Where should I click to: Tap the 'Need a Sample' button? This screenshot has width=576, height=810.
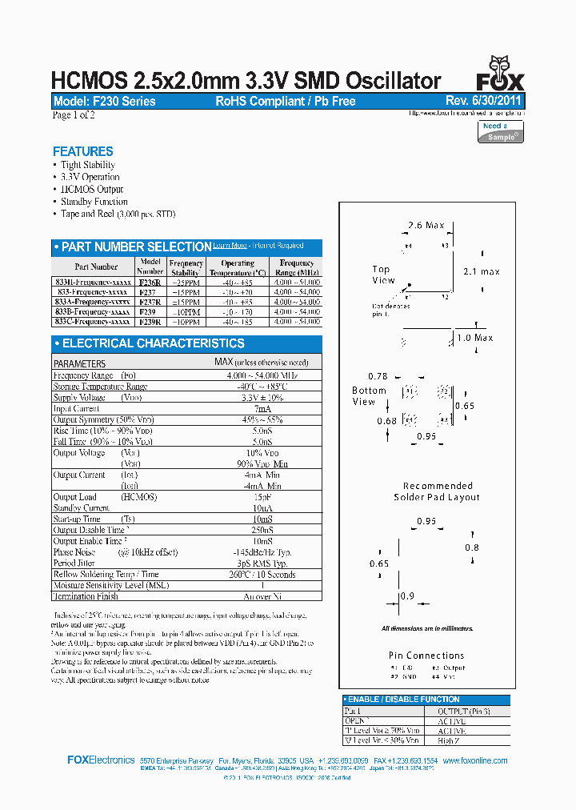(x=502, y=131)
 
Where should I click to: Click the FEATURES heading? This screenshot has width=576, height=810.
(x=82, y=151)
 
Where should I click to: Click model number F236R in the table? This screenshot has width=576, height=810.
(x=150, y=283)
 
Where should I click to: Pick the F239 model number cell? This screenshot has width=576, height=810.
(x=147, y=311)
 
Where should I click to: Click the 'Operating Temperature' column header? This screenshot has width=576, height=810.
(x=238, y=267)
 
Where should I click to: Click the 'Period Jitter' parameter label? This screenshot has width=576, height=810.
(x=75, y=563)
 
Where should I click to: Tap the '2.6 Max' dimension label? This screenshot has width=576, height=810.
(x=426, y=226)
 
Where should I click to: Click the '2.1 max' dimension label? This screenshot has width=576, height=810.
(x=482, y=272)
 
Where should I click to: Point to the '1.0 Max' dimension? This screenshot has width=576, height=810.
(x=474, y=338)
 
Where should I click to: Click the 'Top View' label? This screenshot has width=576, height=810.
(x=383, y=275)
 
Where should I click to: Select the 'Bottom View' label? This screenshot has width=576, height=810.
(x=369, y=396)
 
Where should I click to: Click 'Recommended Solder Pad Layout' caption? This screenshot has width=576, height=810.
(x=437, y=491)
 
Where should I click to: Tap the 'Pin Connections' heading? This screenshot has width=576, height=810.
(x=426, y=656)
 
